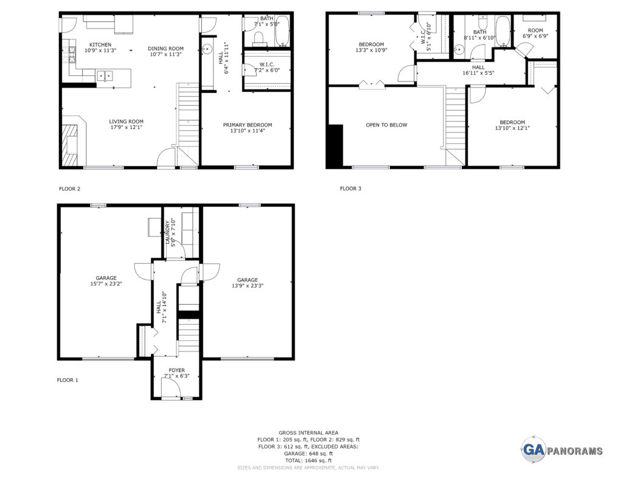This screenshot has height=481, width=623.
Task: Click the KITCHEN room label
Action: click(100, 45)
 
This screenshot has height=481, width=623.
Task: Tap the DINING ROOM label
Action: click(165, 49)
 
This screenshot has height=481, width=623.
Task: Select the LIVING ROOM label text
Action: click(127, 122)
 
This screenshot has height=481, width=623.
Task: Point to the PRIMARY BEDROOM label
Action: click(248, 125)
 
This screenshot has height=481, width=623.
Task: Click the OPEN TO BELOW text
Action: click(386, 125)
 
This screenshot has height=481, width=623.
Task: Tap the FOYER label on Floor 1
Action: click(177, 370)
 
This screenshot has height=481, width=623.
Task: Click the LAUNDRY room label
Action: click(167, 232)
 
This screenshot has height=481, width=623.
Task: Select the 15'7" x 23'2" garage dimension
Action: click(106, 283)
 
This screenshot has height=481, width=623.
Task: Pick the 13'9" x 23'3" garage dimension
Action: click(248, 285)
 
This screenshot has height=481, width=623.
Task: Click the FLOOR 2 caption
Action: click(69, 189)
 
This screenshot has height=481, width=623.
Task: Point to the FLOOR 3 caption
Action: click(350, 189)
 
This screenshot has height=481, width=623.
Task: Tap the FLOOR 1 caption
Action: click(68, 380)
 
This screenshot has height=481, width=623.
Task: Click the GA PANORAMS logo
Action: click(562, 449)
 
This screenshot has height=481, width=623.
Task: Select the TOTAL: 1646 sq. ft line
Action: click(308, 460)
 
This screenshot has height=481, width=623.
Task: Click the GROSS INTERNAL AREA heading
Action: click(308, 432)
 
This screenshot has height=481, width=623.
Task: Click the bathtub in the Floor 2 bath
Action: click(282, 30)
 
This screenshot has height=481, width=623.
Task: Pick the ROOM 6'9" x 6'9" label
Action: click(535, 33)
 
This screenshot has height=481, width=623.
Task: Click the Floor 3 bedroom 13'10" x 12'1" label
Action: click(512, 125)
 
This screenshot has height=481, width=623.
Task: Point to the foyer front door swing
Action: click(169, 388)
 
